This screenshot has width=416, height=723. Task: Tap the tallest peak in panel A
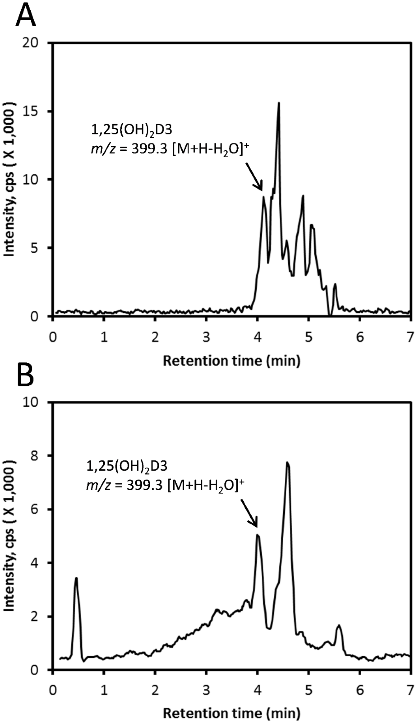(x=278, y=103)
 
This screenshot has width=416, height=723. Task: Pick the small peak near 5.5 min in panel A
(x=335, y=284)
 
